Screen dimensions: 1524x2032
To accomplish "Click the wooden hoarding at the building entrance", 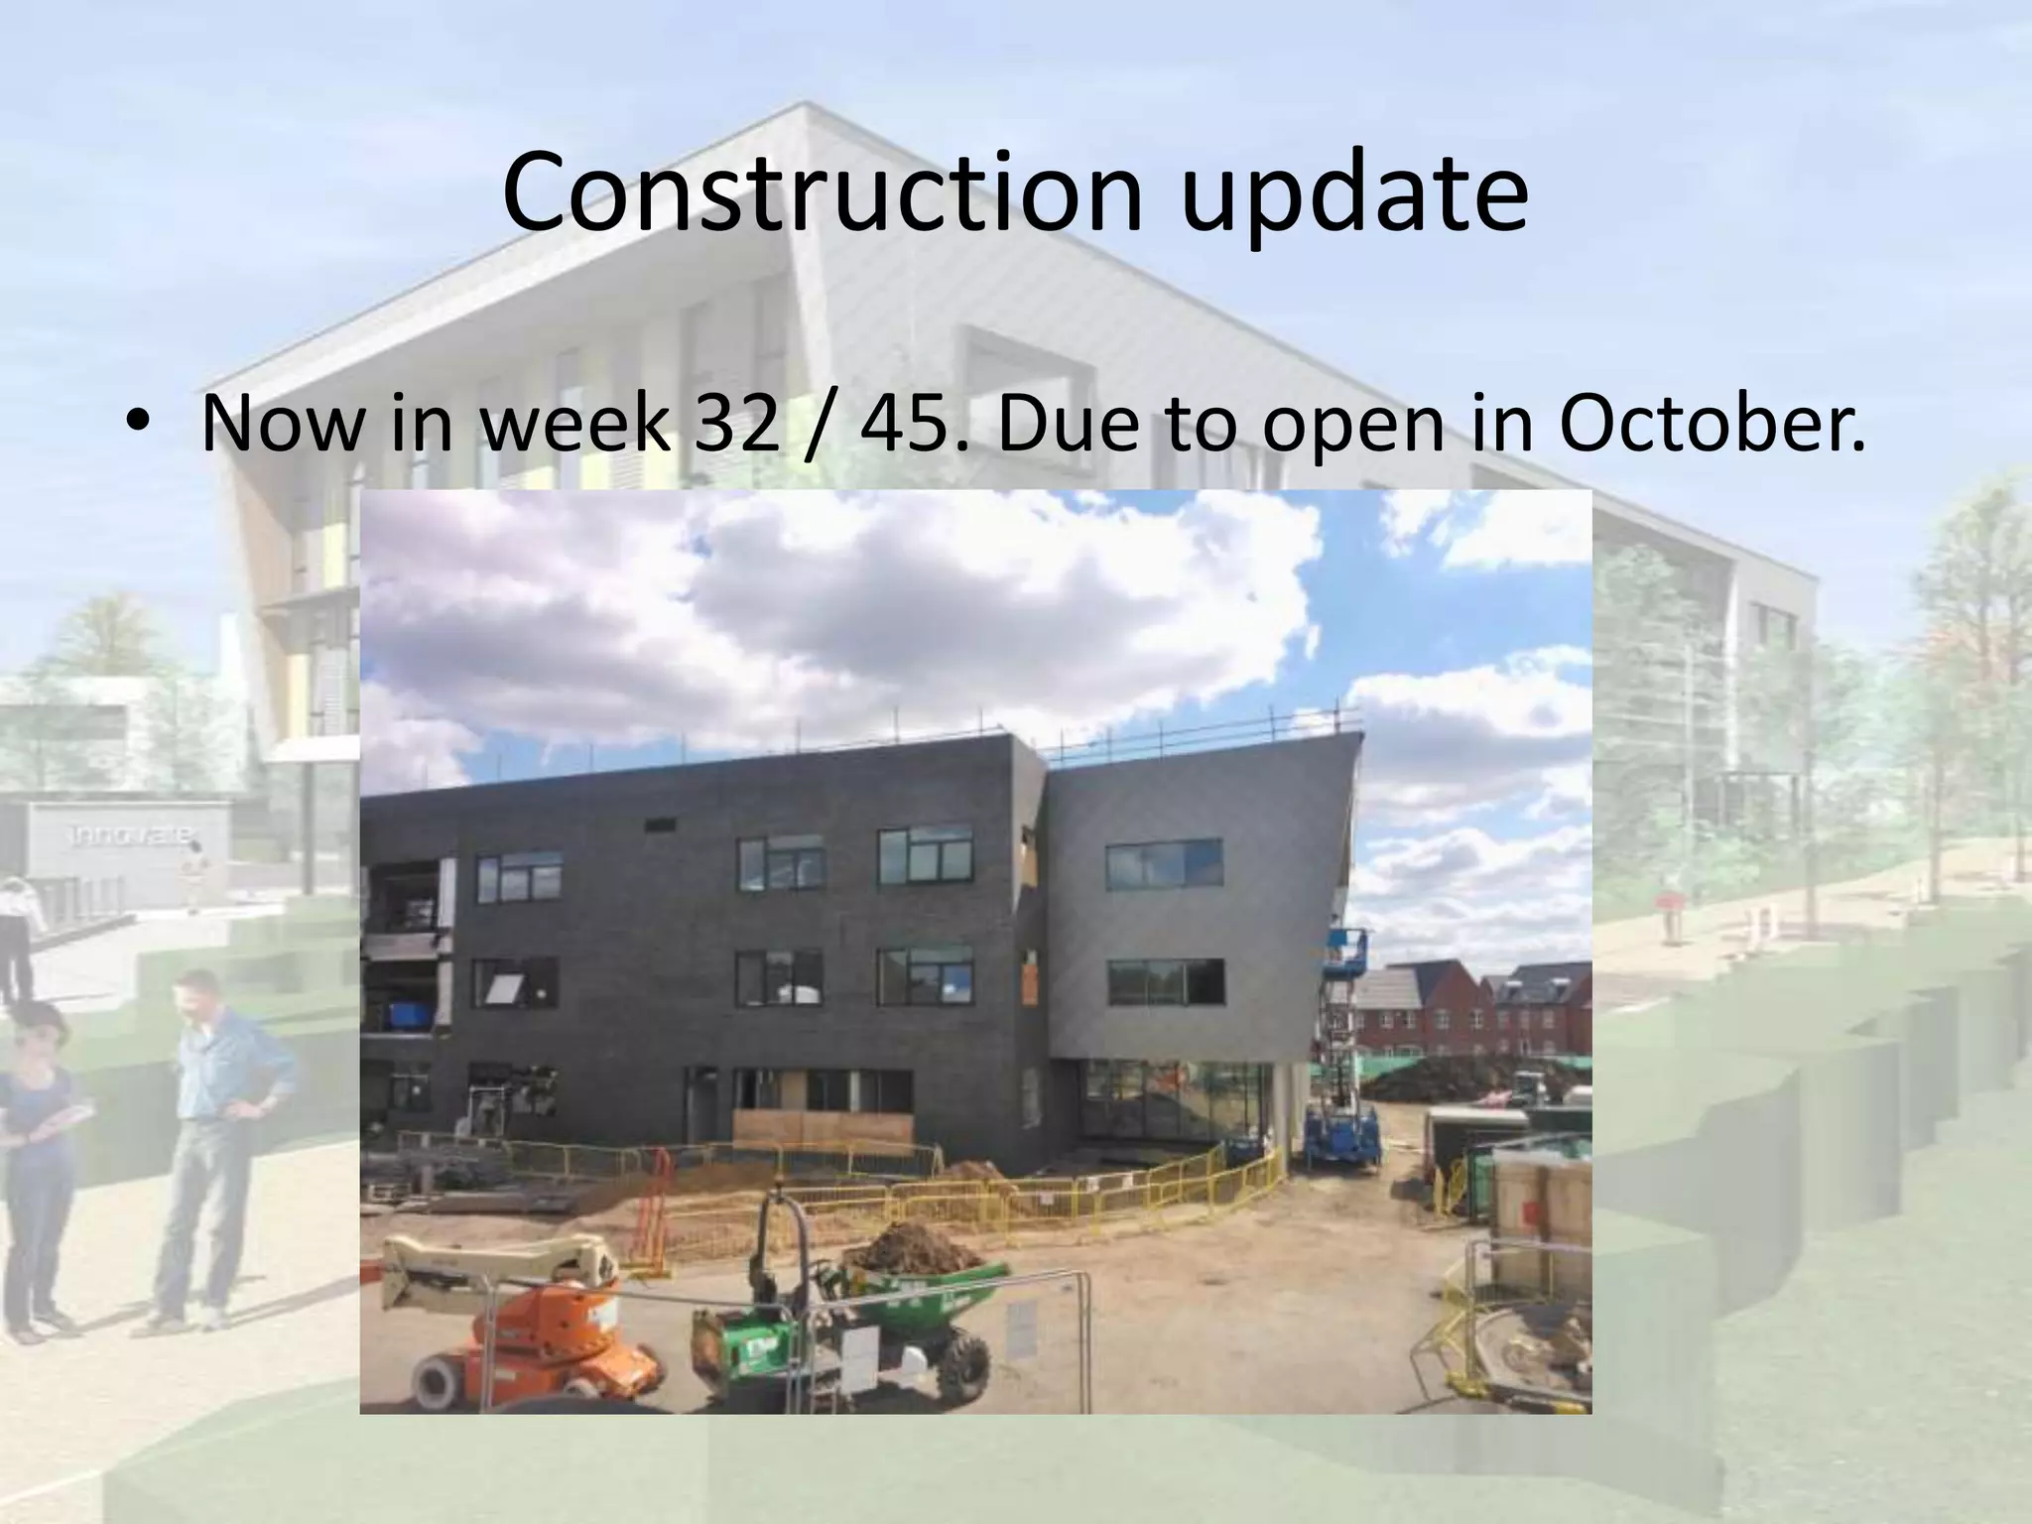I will (822, 1126).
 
